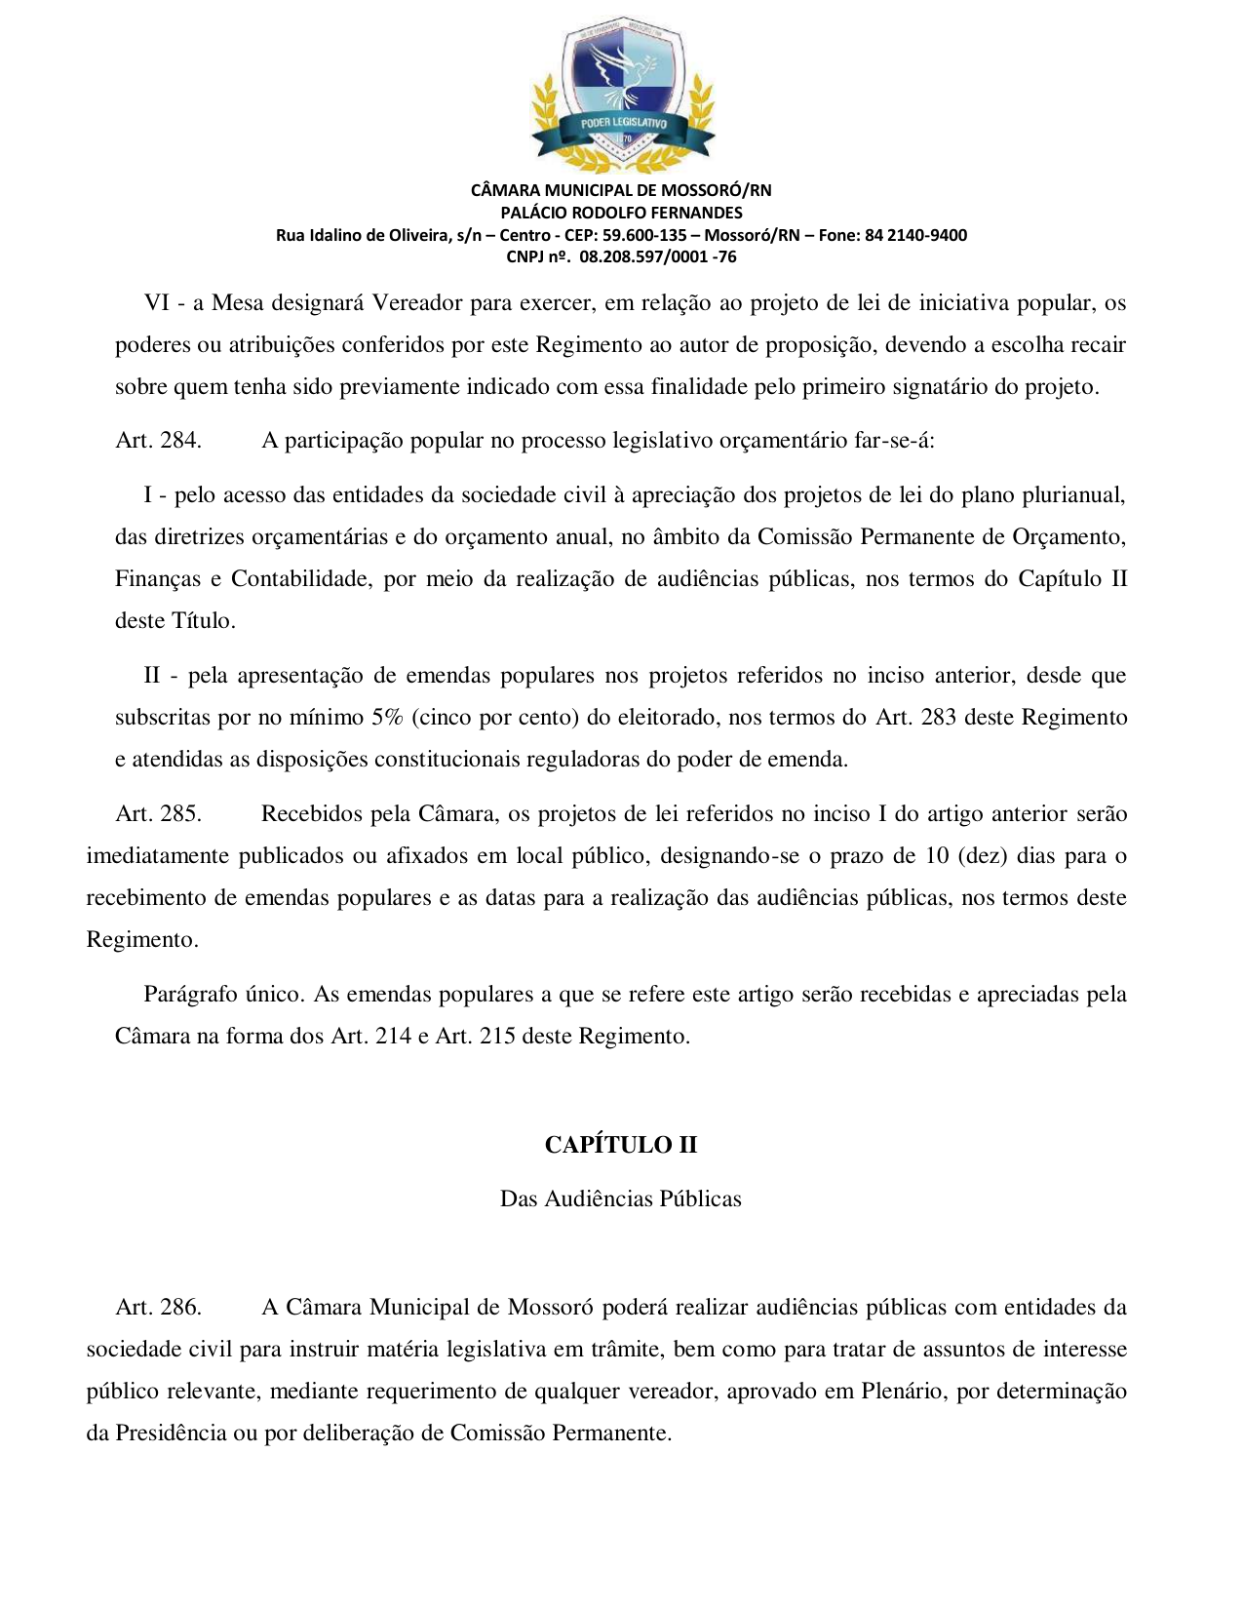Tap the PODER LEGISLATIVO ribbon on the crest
coord(623,124)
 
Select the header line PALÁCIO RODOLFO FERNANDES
coord(621,213)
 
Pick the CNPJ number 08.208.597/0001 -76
coord(658,257)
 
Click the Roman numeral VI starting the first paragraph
coord(157,302)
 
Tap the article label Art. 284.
coord(158,441)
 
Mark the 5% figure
coord(387,718)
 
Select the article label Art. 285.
coord(158,814)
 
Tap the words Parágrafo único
coord(223,995)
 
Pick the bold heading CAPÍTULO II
coord(621,1145)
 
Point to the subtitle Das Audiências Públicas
coord(621,1198)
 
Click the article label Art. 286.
coord(158,1308)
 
